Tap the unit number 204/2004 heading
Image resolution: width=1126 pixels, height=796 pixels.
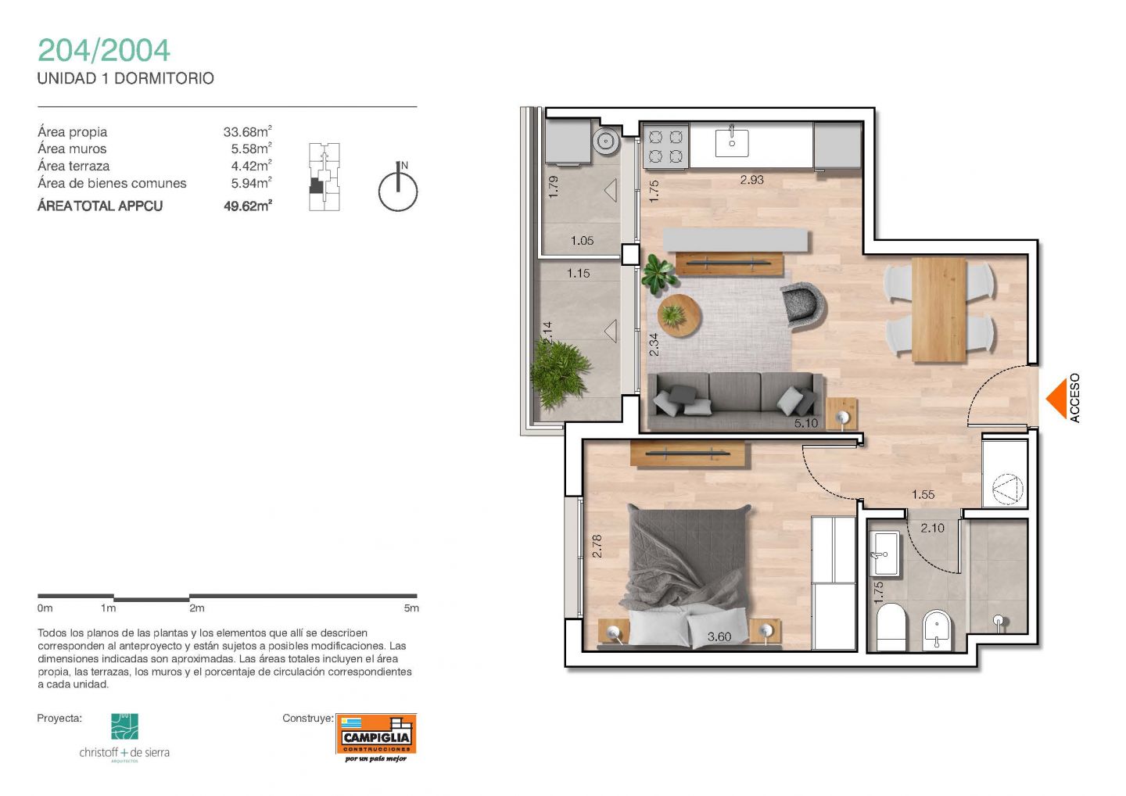(x=104, y=50)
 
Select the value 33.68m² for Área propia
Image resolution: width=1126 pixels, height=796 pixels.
(x=247, y=131)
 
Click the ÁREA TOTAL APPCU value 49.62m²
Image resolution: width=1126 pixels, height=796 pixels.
(x=248, y=206)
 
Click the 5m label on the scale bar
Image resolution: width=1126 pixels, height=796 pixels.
(x=411, y=608)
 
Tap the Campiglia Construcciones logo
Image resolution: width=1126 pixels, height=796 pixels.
(x=376, y=737)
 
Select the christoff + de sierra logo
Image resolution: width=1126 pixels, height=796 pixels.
(x=124, y=737)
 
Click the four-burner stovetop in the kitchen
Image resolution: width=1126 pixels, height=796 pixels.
(x=665, y=147)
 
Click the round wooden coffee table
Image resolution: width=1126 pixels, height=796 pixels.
(x=679, y=316)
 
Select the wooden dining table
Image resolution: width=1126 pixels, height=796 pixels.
(x=939, y=310)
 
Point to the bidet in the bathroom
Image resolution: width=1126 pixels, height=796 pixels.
(x=937, y=630)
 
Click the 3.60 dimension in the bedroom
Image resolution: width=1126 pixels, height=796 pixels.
(x=719, y=636)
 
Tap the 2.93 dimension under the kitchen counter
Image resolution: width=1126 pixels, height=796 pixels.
(x=751, y=179)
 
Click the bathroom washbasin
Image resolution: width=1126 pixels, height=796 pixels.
(x=886, y=554)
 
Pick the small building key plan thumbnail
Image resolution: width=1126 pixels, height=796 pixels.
(x=325, y=177)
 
